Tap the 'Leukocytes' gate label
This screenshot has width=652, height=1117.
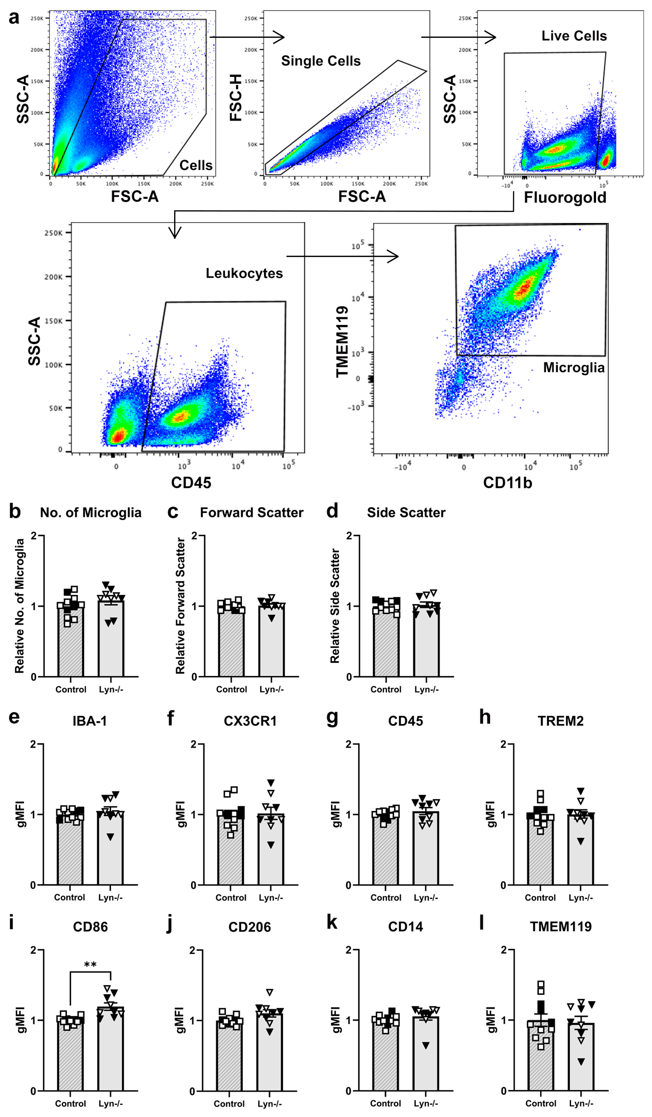coord(244,273)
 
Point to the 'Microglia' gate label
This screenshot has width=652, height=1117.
coord(574,367)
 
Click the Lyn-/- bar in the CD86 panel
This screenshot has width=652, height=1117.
coord(110,1055)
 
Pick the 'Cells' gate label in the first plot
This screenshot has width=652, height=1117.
coord(196,165)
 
